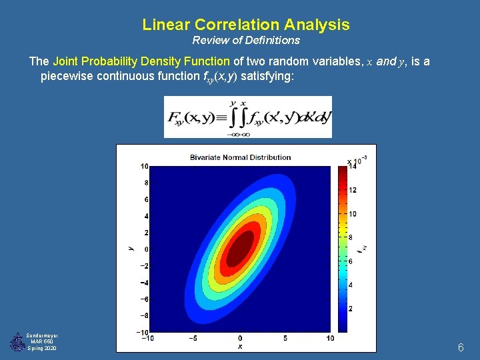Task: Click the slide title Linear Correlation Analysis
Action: (245, 25)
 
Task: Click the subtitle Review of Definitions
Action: (246, 41)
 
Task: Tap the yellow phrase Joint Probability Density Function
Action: (141, 61)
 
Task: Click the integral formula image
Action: (247, 117)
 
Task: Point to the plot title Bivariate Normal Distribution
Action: (240, 157)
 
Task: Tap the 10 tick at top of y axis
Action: (144, 166)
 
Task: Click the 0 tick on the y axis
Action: (146, 249)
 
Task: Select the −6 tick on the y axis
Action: (143, 299)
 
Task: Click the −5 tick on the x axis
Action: (193, 338)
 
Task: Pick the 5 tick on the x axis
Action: (285, 338)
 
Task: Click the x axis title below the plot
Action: (240, 347)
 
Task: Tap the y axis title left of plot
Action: (131, 249)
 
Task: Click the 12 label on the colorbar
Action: (353, 190)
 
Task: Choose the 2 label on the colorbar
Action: (351, 309)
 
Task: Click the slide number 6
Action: (460, 347)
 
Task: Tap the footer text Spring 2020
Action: (42, 349)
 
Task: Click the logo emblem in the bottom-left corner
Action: (16, 342)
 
